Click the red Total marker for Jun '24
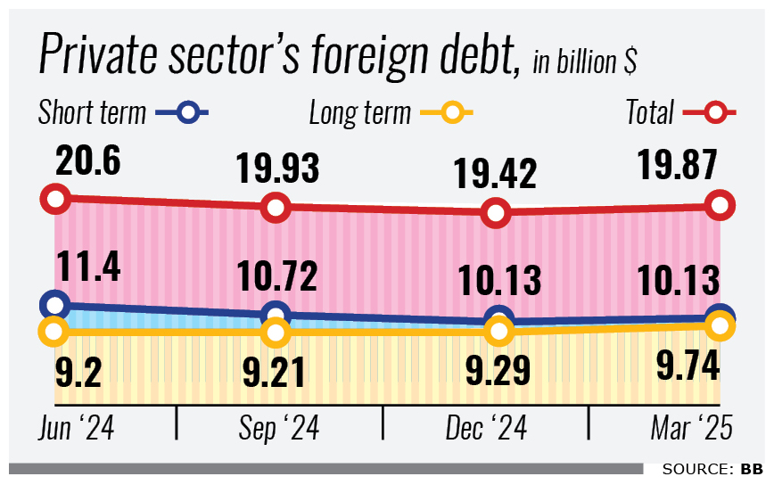[55, 198]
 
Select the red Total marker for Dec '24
[498, 214]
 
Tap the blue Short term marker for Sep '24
[276, 315]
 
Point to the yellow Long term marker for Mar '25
[719, 327]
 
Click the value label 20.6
[87, 162]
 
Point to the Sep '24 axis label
[280, 430]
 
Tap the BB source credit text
[751, 469]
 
